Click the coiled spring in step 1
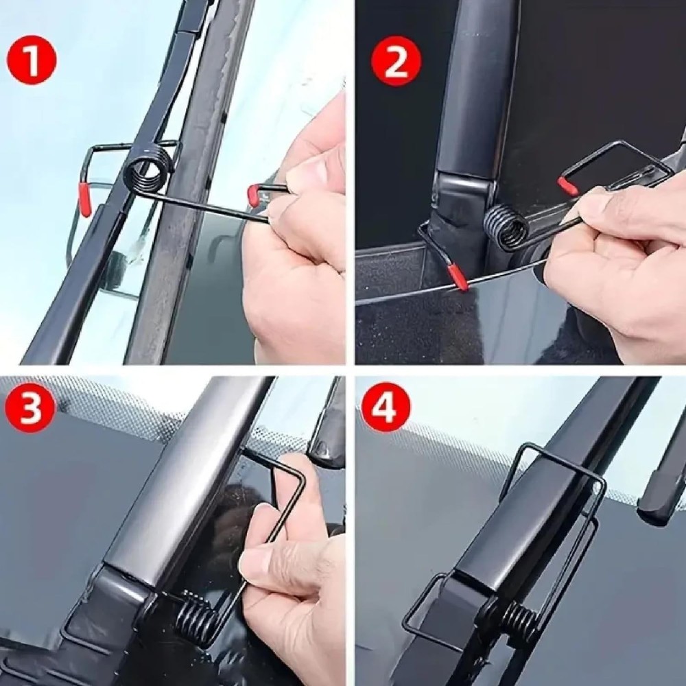click(149, 171)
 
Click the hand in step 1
click(302, 240)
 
